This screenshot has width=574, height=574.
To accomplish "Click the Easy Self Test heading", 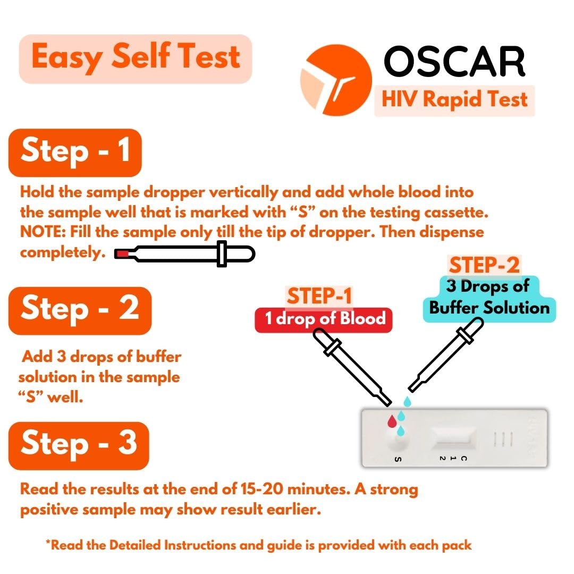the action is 136,58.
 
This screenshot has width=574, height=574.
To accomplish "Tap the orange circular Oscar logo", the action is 336,80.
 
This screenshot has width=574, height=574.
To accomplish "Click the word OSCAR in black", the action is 454,61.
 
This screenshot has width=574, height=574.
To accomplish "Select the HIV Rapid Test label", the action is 454,100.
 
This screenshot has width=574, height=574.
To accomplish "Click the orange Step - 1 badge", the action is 75,153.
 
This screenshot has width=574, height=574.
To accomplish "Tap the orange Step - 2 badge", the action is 80,310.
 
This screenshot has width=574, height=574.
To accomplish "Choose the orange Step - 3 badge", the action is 79,445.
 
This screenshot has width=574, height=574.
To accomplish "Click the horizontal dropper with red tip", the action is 184,254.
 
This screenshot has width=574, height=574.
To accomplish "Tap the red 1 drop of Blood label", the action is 324,319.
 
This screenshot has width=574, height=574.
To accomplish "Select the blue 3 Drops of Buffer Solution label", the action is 489,298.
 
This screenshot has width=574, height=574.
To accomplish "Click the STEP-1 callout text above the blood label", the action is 319,296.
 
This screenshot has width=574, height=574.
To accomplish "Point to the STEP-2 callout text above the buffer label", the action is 484,265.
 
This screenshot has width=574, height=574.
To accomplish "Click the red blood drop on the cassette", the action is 392,421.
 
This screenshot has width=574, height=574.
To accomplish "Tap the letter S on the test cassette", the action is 398,459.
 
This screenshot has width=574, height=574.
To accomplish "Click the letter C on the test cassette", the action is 464,458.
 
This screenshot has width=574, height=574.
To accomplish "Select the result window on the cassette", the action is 454,437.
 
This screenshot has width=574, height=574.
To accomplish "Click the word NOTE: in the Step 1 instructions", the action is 43,232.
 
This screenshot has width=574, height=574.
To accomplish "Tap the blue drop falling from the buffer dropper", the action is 407,402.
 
